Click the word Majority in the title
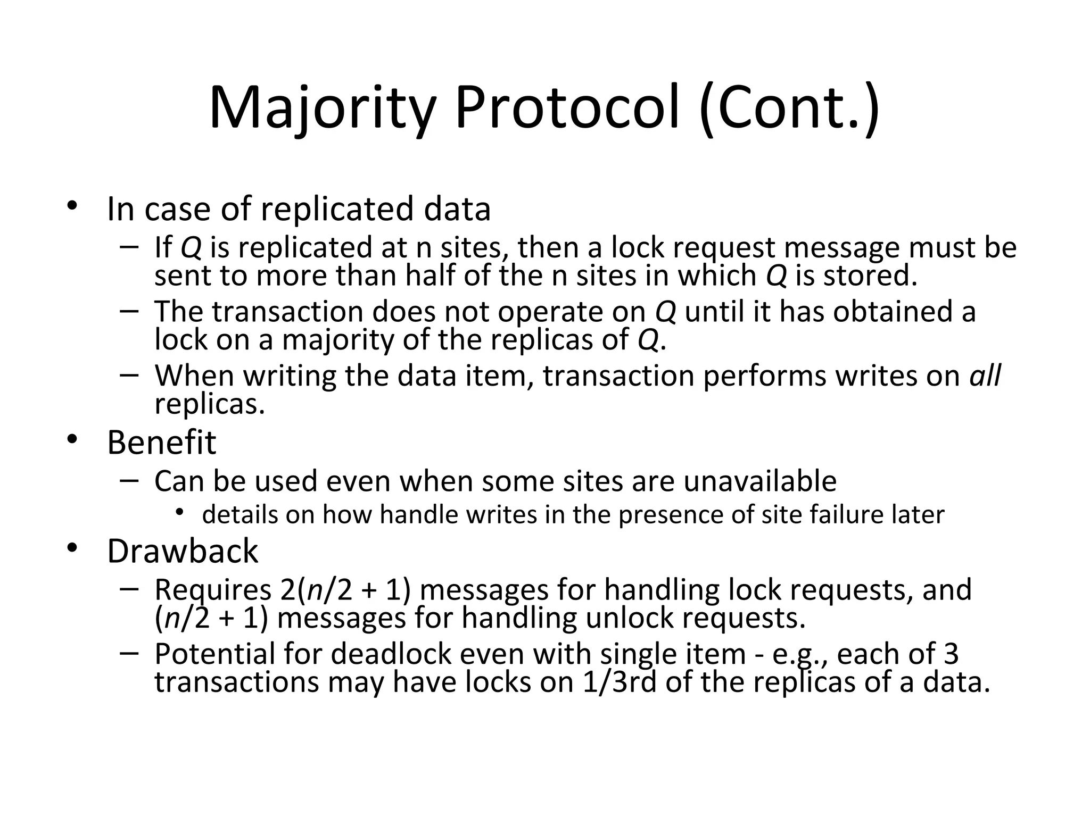coord(323,109)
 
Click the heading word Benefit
coord(161,443)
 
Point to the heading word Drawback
coord(183,552)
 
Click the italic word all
coord(985,376)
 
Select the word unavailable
coord(759,481)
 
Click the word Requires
coord(213,590)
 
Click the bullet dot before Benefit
coord(72,440)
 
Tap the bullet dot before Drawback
coord(72,549)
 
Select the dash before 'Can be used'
coord(129,480)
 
